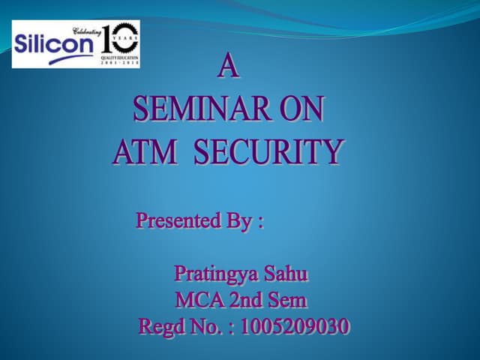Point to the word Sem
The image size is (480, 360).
(290, 301)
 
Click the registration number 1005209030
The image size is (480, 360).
(295, 327)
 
